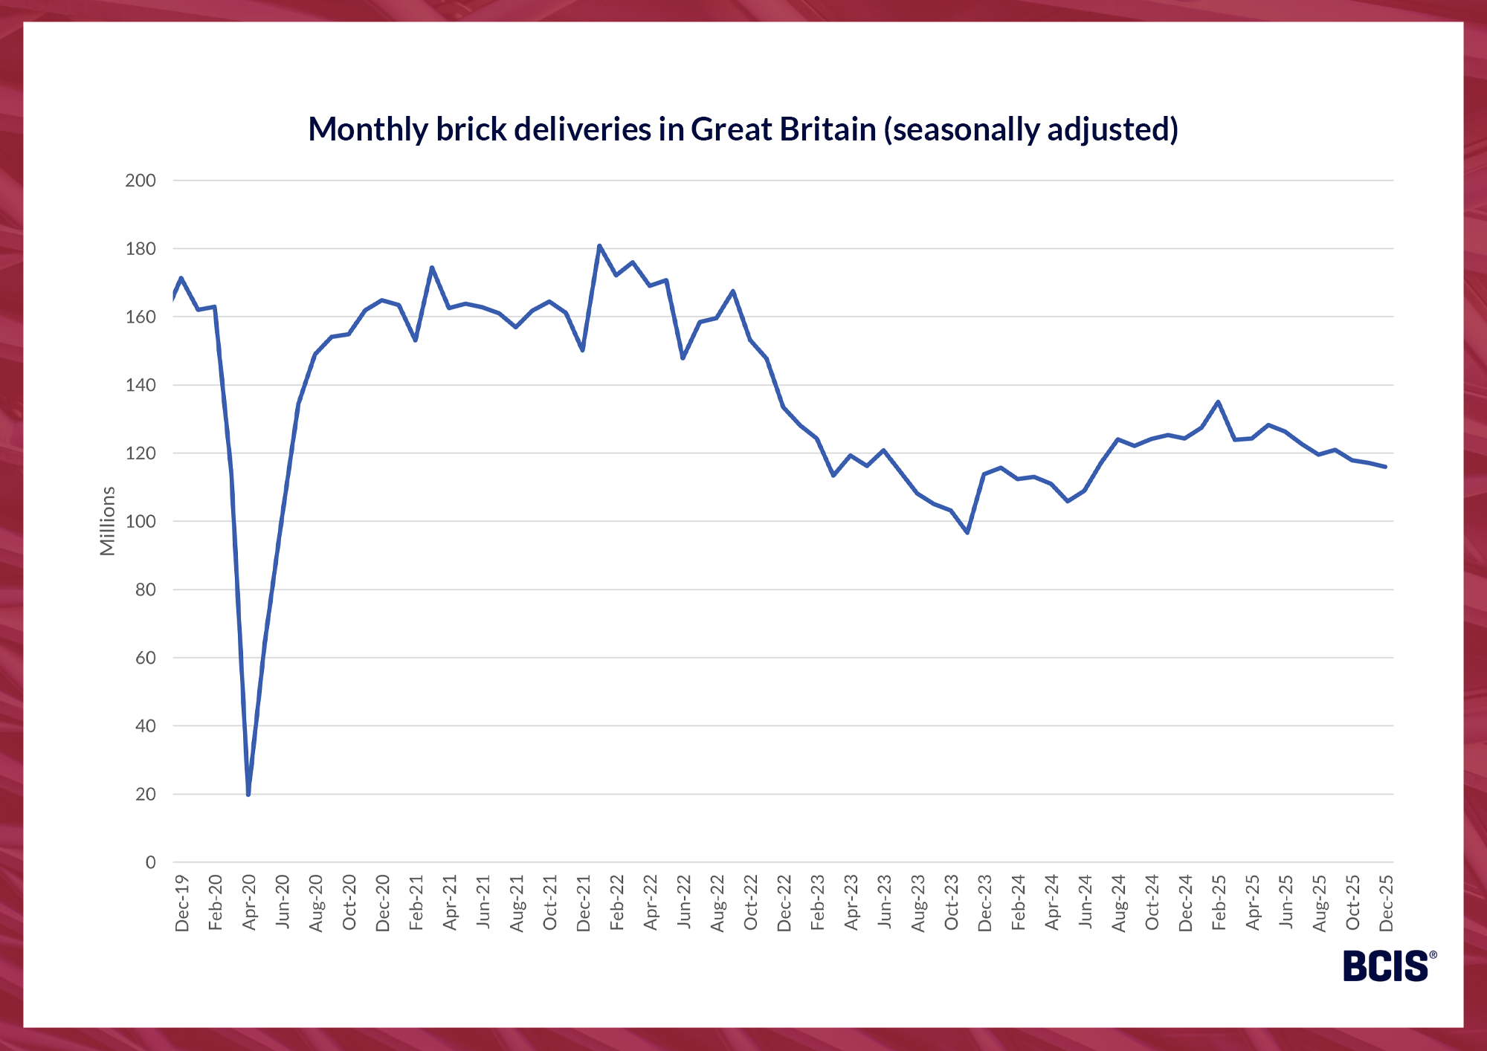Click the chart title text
coord(743,129)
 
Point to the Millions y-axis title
coord(109,520)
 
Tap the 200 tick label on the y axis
coord(141,181)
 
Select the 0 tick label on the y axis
coord(150,862)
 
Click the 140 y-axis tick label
coord(141,385)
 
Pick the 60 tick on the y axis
coord(145,658)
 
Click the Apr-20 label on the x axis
coord(249,902)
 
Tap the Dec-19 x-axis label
coord(182,903)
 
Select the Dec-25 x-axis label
coord(1387,903)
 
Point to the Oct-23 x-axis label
coord(952,903)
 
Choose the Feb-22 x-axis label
coord(617,903)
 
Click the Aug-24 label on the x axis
coord(1119,903)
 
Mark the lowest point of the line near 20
coord(248,794)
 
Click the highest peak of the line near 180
coord(599,245)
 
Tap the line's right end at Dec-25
coord(1385,467)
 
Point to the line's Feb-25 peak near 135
coord(1218,402)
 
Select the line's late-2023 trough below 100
coord(967,532)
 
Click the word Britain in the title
coord(828,129)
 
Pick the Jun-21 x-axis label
coord(483,903)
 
